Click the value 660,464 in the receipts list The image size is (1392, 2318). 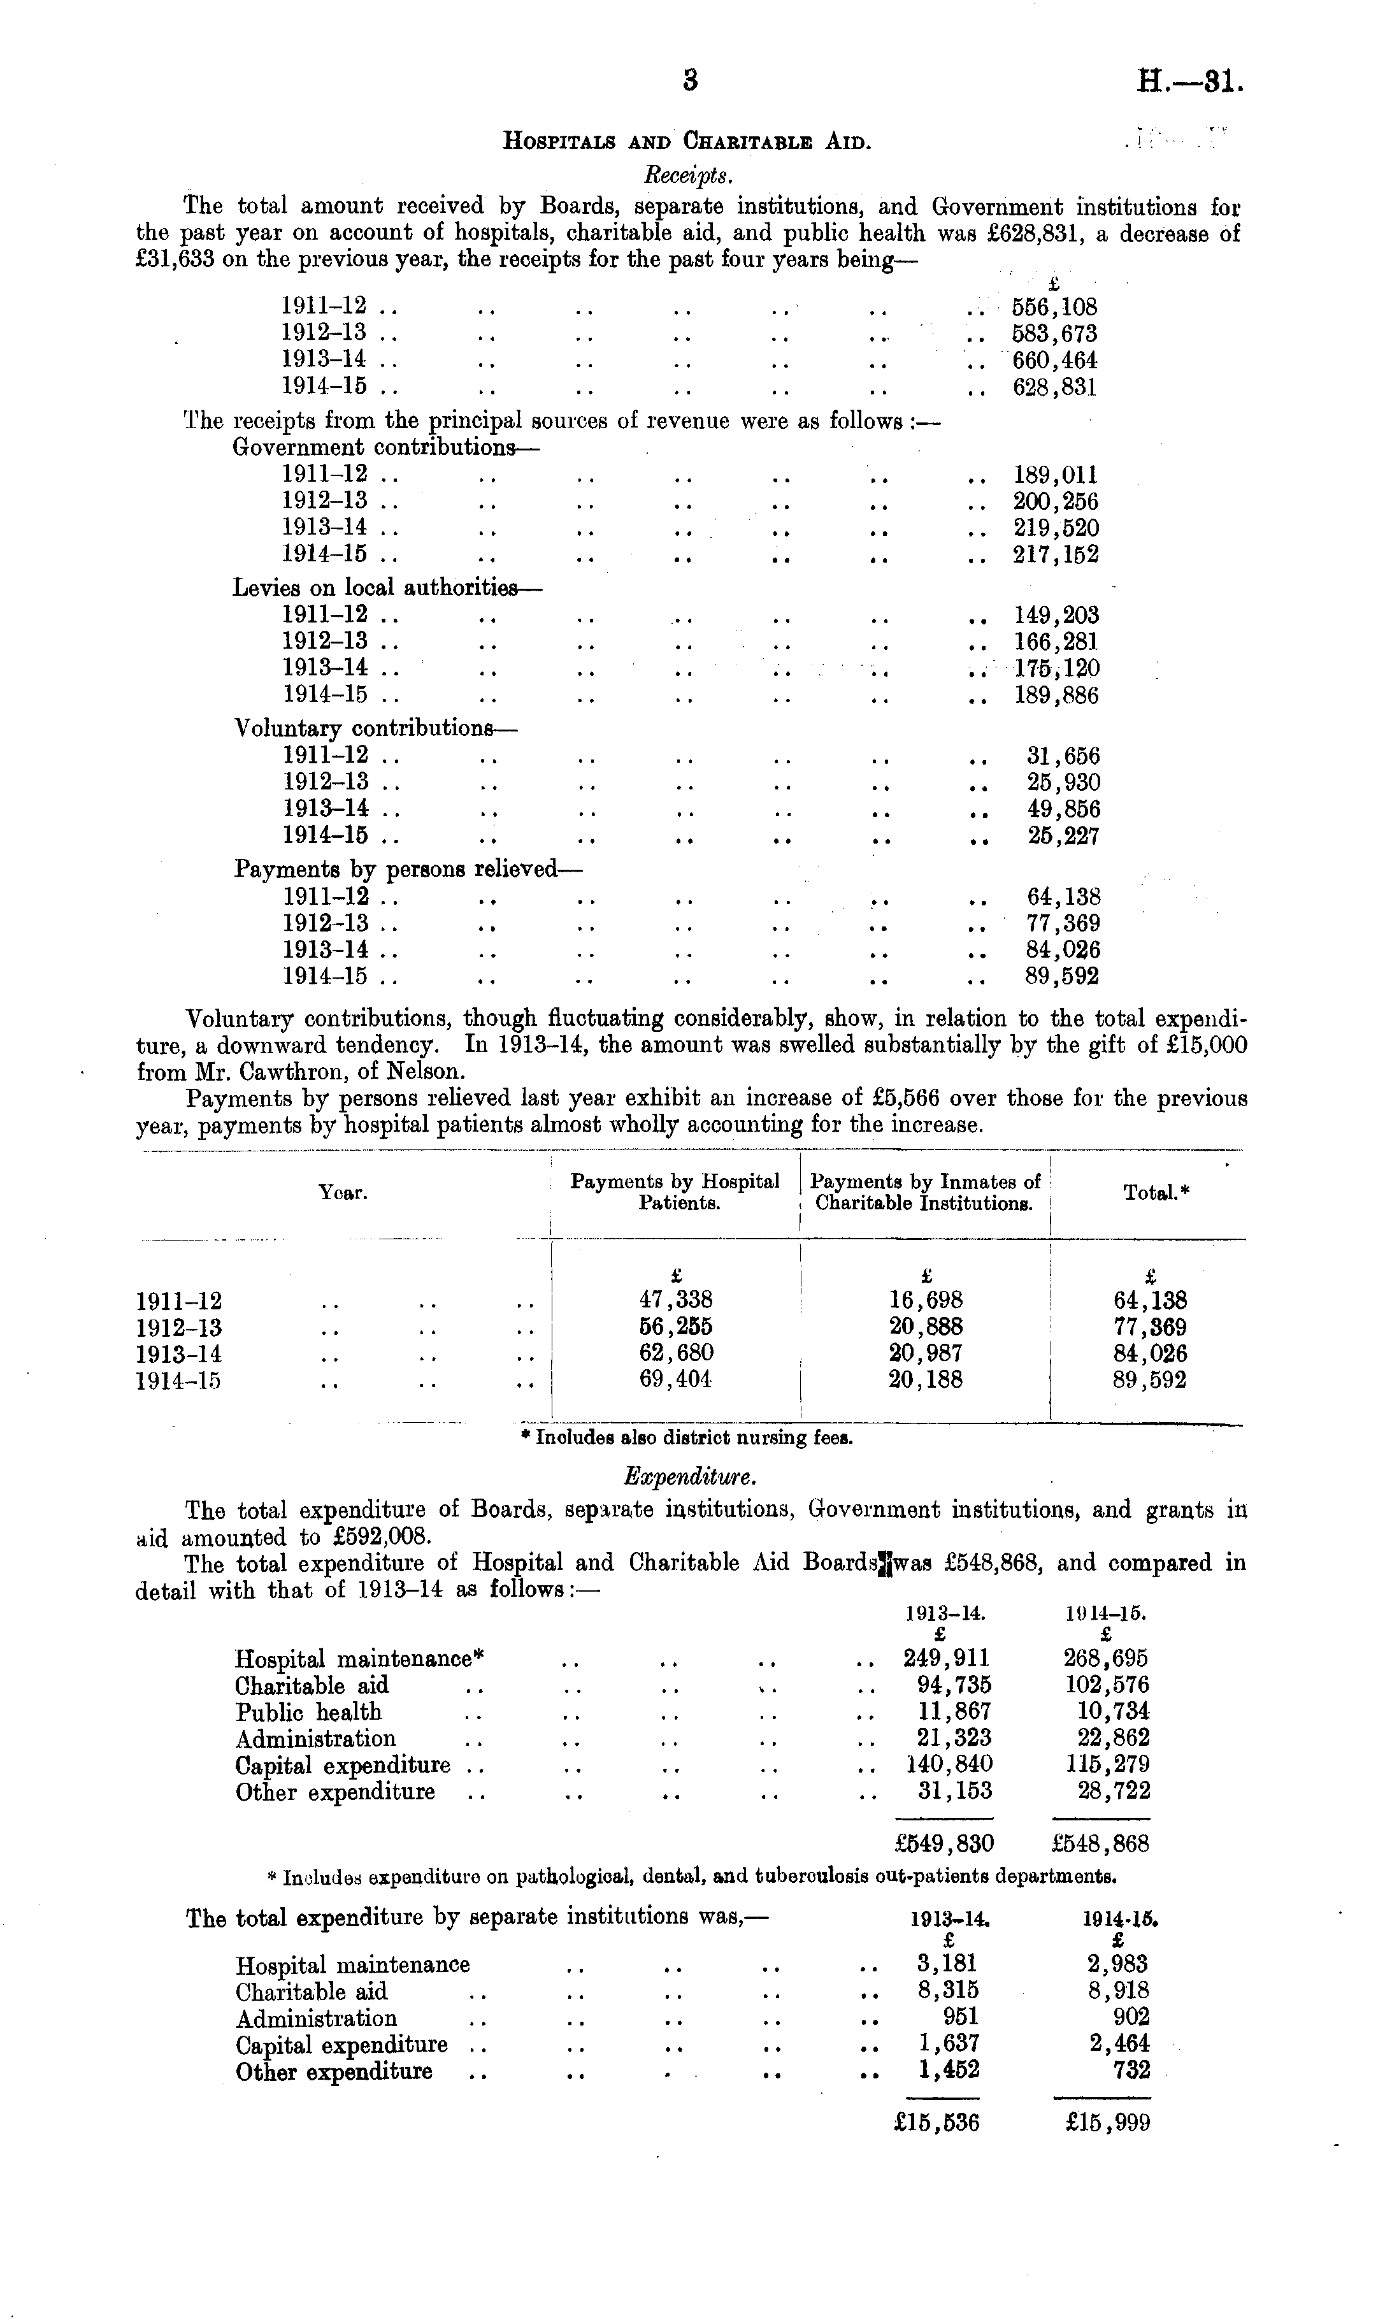tap(1054, 360)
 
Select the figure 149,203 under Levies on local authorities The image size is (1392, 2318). tap(1056, 615)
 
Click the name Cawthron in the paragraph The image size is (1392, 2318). tap(306, 1071)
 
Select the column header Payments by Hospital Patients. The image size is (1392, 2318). tap(675, 1192)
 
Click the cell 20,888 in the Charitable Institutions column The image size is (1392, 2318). tap(925, 1327)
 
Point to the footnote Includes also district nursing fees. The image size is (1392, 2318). tap(687, 1437)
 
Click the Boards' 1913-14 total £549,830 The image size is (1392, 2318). tap(944, 1844)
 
